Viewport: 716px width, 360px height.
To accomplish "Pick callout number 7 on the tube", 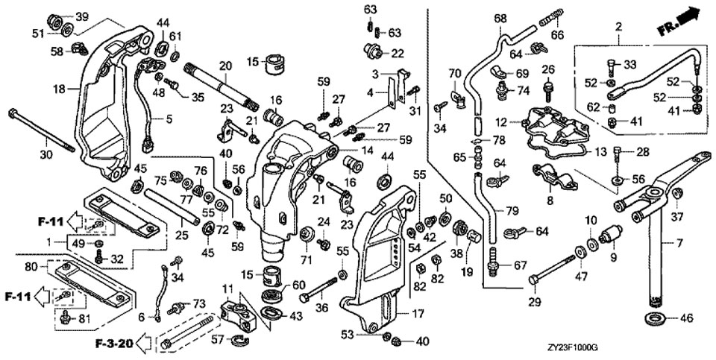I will click(679, 243).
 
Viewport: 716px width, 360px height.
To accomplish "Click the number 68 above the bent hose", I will click(500, 18).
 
